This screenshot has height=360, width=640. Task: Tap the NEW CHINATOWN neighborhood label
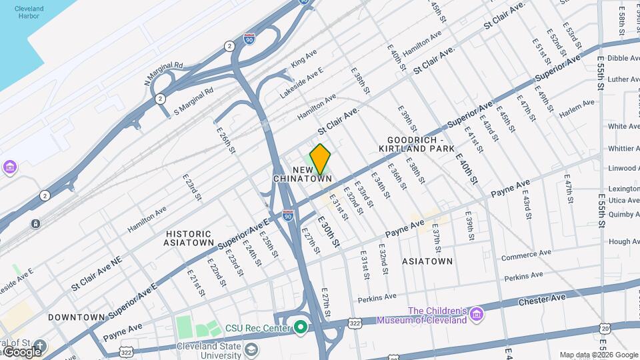(303, 175)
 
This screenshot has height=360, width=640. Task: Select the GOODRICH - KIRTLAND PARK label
(421, 144)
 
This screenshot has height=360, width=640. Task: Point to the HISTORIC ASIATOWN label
(189, 238)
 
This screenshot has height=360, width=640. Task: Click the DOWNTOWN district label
(76, 317)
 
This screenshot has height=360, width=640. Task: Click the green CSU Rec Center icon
(300, 327)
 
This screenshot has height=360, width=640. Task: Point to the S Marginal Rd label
(193, 101)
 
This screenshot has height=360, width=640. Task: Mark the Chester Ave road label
(534, 302)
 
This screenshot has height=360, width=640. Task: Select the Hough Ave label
(624, 241)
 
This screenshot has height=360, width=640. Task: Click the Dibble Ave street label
(623, 59)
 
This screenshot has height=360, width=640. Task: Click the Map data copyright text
(598, 355)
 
